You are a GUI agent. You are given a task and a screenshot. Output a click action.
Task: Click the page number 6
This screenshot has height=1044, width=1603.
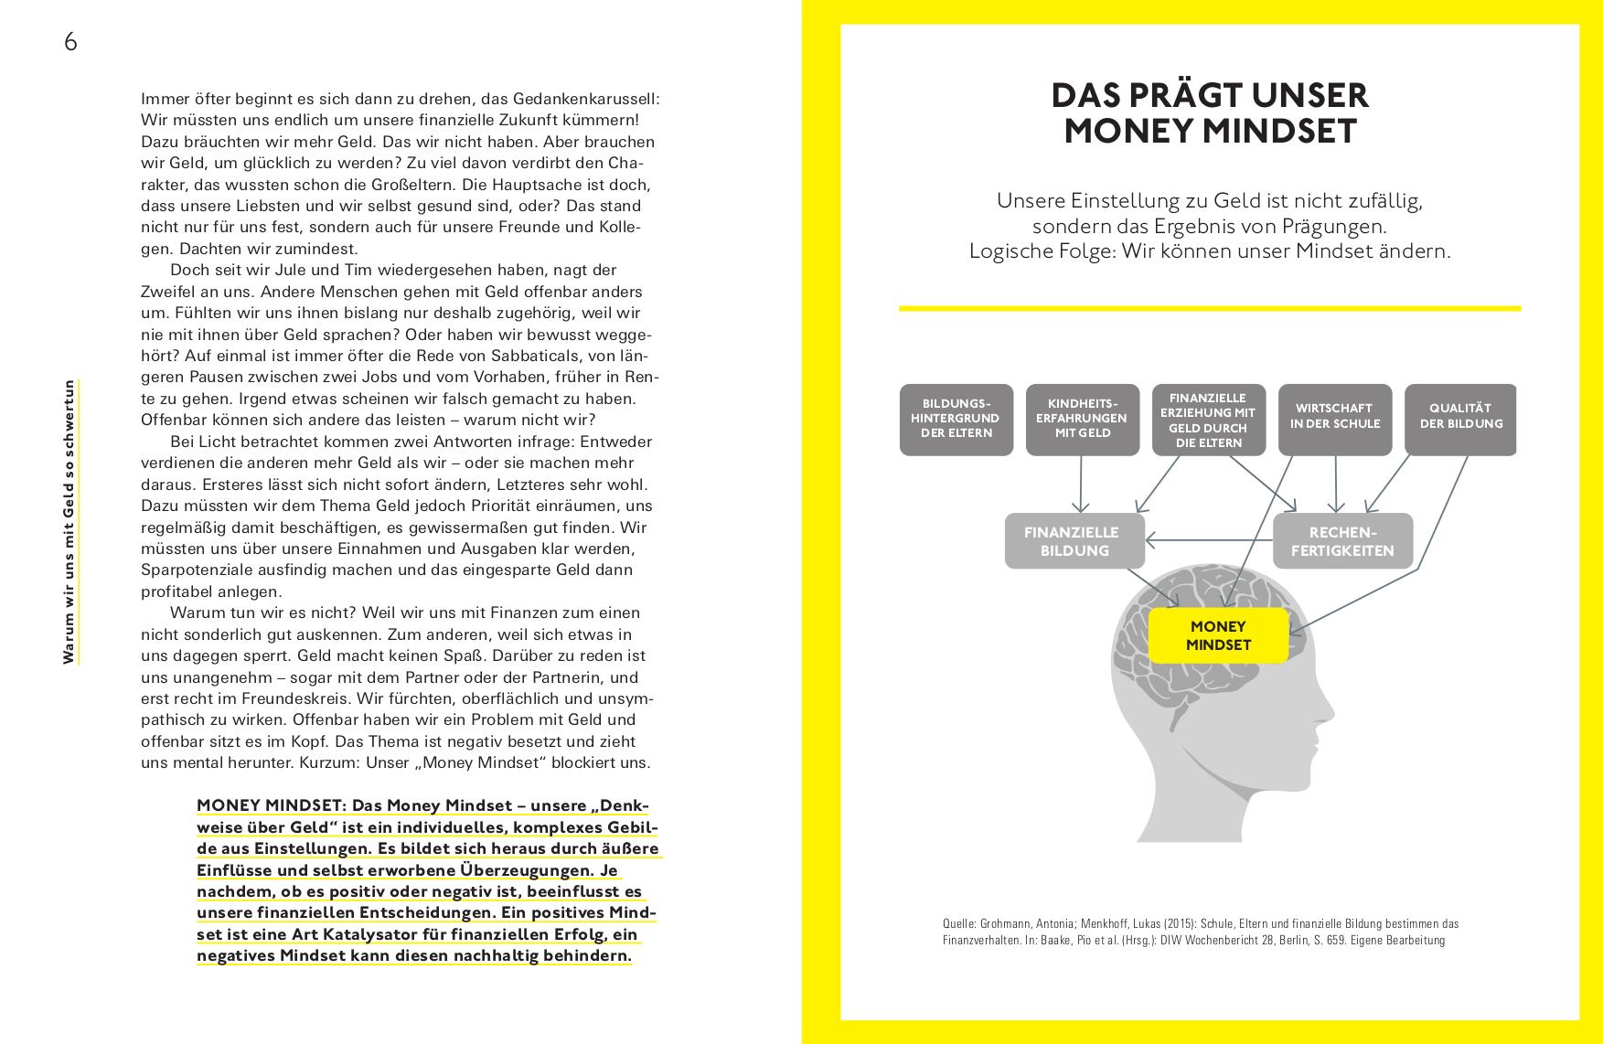click(70, 42)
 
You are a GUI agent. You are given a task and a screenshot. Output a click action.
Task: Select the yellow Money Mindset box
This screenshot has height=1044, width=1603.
click(1218, 635)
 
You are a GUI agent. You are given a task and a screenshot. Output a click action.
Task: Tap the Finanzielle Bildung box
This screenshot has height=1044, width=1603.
click(1074, 541)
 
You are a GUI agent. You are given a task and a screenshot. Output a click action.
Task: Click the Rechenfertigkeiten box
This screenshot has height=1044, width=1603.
click(1342, 541)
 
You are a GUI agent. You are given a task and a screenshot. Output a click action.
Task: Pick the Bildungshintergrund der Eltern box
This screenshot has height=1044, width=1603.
click(956, 419)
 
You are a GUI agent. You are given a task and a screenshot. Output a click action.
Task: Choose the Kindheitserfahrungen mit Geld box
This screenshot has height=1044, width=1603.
click(1082, 419)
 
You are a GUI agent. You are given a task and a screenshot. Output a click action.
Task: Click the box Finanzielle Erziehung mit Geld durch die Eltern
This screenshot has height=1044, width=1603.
click(1208, 420)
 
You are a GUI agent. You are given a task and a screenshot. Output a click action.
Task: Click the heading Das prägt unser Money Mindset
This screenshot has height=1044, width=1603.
click(1209, 113)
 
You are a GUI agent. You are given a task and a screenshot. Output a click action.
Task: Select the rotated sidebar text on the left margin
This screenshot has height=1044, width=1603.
click(69, 521)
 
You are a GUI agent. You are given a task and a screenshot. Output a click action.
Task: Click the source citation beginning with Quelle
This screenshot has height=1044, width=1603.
click(1200, 932)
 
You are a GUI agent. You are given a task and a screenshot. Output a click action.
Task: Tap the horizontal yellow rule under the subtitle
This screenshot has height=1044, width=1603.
click(1209, 308)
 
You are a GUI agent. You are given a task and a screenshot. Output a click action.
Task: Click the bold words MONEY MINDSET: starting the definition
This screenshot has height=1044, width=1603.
click(272, 806)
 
